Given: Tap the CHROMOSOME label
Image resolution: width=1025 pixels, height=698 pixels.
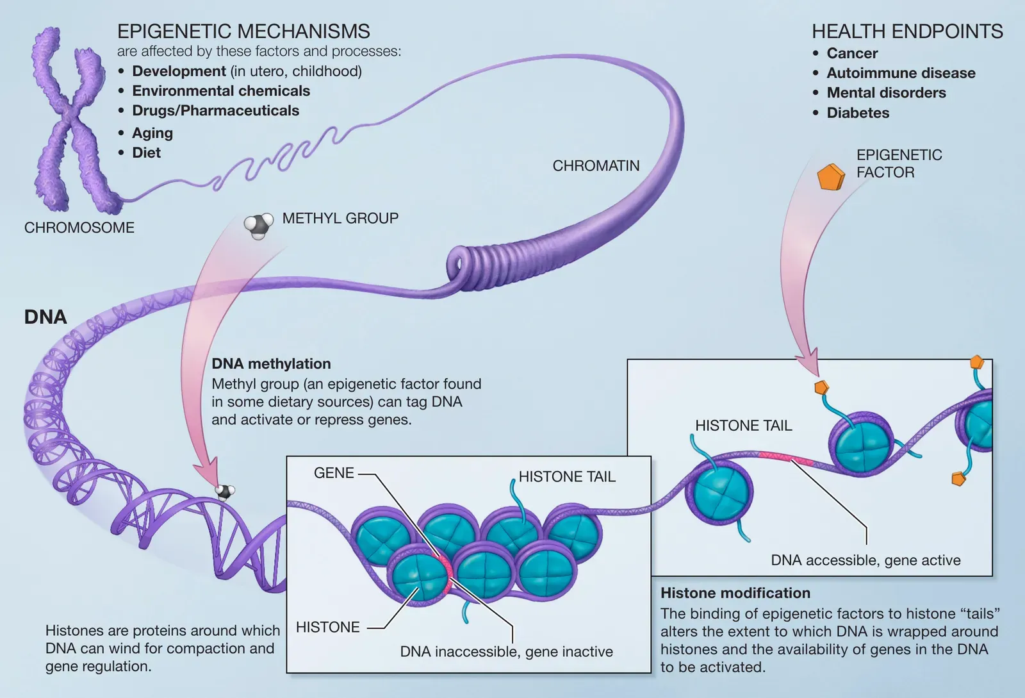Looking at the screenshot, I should tap(79, 228).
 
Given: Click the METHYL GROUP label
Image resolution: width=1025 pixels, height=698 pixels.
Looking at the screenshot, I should tap(340, 219).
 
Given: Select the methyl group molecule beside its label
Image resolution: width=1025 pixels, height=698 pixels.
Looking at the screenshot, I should tap(258, 226).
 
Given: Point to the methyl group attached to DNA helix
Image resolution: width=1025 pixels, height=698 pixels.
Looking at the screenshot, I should tap(224, 492).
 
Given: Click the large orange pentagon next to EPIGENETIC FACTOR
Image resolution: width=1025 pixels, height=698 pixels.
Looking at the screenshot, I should tap(831, 177).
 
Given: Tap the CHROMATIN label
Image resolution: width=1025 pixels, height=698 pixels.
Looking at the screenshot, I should tap(596, 166).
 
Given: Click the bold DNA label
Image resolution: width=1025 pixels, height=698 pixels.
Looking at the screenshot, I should tap(45, 317).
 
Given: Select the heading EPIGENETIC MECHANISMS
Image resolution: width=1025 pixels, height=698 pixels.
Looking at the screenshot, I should tap(243, 31).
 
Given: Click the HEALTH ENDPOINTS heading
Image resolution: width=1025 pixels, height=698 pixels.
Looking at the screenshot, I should tap(907, 31).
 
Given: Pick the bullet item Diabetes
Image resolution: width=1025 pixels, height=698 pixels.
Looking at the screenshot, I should tap(858, 113).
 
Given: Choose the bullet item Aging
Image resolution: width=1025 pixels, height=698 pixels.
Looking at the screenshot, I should tap(152, 133).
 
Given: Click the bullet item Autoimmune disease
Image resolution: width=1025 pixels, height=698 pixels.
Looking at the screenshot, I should tap(901, 73).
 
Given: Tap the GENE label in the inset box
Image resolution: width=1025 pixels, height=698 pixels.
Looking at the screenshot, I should tap(334, 473).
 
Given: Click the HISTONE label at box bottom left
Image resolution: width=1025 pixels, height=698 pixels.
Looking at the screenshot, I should tap(328, 627).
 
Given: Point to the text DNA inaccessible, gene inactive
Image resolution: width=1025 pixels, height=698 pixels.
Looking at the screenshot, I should tap(506, 652).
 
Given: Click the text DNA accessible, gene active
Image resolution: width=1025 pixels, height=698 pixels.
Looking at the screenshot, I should tap(865, 560).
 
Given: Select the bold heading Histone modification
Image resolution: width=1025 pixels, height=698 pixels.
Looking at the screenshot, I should tap(735, 593).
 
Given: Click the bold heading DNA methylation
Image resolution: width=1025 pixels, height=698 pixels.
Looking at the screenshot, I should tap(271, 364).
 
